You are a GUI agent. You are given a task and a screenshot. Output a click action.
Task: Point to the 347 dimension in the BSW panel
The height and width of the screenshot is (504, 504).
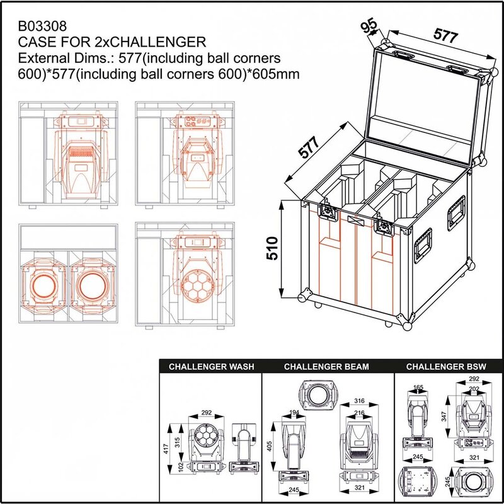point(444,416)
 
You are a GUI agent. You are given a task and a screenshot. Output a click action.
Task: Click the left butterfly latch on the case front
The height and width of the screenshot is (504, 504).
point(328,212)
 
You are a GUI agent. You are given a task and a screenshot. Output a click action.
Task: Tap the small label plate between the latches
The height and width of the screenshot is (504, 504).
point(354,220)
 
